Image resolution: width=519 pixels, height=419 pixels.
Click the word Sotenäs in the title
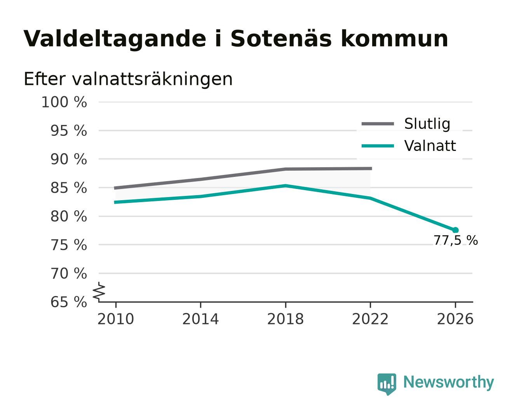click(x=281, y=39)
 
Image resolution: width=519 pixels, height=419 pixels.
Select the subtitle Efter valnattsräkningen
click(x=128, y=79)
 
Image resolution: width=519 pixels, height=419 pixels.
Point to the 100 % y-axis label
click(x=64, y=102)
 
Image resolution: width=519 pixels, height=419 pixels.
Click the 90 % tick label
click(x=68, y=159)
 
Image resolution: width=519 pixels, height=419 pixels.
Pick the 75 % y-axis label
click(x=68, y=245)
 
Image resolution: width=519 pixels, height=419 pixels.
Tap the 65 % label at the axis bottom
click(x=68, y=302)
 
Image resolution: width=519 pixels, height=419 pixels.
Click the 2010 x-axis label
click(x=116, y=319)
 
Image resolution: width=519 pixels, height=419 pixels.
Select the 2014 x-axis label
click(x=200, y=319)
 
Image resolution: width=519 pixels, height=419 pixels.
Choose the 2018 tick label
click(x=286, y=319)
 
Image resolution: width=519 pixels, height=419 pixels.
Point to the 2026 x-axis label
click(x=455, y=319)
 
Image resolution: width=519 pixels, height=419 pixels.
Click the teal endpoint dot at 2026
click(x=455, y=230)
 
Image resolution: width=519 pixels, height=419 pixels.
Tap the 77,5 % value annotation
click(x=456, y=241)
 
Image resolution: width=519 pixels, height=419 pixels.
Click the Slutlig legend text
click(x=427, y=124)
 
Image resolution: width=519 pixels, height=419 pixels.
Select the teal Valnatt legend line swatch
click(x=378, y=146)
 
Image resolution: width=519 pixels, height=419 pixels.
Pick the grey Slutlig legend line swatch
click(x=378, y=124)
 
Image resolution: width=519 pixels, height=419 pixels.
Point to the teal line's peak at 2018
click(x=286, y=186)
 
